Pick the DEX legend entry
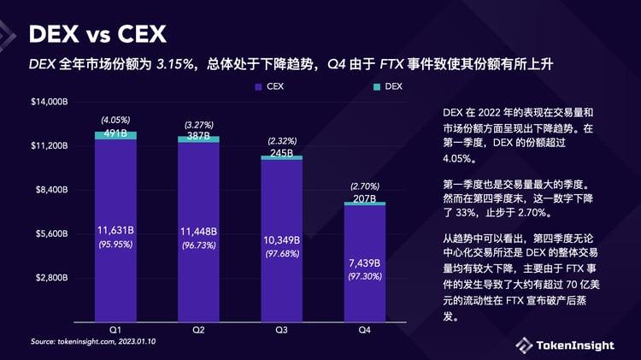[x=388, y=86]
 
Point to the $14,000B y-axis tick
[x=50, y=103]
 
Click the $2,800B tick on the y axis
[x=51, y=278]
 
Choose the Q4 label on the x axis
[x=364, y=329]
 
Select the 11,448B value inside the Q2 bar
[x=198, y=232]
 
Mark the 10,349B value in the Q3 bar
[x=281, y=240]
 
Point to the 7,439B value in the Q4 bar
[x=364, y=263]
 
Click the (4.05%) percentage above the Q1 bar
[x=115, y=120]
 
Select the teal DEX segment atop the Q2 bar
[x=198, y=139]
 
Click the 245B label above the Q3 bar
[x=281, y=154]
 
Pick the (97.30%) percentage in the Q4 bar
[x=364, y=277]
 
